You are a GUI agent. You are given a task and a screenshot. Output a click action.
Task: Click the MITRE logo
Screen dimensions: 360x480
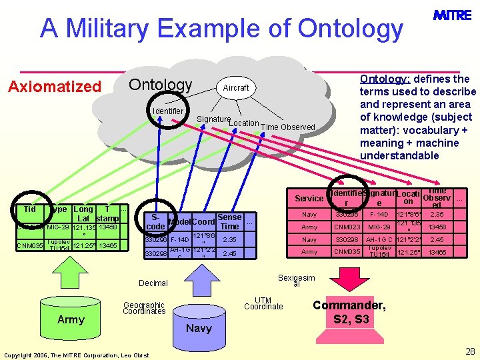click(451, 15)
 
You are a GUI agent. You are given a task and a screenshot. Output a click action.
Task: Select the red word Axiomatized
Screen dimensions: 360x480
click(54, 87)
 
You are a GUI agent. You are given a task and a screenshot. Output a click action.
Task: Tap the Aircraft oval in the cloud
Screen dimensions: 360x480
click(236, 87)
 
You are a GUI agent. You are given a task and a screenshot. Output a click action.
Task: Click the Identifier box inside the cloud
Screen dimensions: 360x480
click(168, 111)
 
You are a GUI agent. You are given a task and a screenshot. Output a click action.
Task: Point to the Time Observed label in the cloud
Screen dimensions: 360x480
click(287, 127)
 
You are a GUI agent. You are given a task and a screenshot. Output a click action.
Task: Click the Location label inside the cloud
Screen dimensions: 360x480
click(243, 123)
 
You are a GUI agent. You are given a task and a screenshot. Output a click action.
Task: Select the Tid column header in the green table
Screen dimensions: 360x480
click(29, 209)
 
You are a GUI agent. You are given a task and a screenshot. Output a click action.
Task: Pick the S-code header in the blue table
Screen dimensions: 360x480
click(155, 222)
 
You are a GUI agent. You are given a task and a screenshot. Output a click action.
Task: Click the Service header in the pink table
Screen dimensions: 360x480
click(309, 199)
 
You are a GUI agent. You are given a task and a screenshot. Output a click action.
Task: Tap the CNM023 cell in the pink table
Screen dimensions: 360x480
click(347, 227)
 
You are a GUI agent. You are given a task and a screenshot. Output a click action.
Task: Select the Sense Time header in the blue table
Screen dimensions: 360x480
click(229, 222)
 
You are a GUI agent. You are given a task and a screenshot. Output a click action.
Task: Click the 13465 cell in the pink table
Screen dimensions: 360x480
click(437, 252)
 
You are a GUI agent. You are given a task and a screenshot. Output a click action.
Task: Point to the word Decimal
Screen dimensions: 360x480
click(153, 283)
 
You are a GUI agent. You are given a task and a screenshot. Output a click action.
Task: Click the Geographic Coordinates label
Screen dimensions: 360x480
click(143, 308)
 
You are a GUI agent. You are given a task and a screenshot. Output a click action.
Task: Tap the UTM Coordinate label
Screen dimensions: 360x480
click(263, 303)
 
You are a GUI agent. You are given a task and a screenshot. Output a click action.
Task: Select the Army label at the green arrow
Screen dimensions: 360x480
click(71, 319)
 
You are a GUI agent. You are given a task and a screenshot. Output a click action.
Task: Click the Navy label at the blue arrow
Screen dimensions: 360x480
click(199, 327)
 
